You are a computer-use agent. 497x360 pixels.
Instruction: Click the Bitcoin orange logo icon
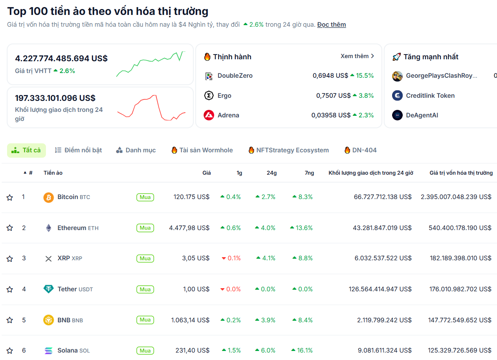pos(48,197)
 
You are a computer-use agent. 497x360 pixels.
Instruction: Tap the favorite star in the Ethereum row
pos(10,228)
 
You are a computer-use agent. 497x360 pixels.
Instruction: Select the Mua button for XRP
pos(145,258)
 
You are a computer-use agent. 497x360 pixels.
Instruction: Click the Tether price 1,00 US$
pos(196,289)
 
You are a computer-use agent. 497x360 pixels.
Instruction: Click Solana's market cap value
pos(460,351)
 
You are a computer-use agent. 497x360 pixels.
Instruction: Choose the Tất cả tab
pos(26,150)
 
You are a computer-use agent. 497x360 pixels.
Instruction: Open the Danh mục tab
pos(136,150)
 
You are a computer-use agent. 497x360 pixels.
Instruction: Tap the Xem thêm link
pos(357,56)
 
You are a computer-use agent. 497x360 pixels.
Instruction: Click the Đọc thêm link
pos(332,25)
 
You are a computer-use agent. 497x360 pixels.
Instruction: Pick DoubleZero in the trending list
pos(235,76)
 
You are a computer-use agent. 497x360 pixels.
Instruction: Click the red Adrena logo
pos(209,115)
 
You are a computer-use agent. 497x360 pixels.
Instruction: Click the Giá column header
pos(207,173)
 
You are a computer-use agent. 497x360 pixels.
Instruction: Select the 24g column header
pos(271,173)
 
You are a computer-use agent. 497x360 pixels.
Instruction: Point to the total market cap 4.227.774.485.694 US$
pos(61,58)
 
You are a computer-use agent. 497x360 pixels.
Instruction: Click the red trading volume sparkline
pos(151,108)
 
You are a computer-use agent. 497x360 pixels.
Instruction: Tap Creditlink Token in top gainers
pos(430,96)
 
